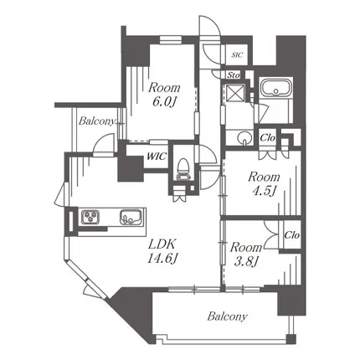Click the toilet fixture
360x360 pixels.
(183, 170)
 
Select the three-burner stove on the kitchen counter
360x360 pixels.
(90, 216)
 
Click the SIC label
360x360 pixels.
(237, 55)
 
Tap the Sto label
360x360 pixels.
(234, 75)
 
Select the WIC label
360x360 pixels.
(157, 156)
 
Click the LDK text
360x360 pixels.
(162, 245)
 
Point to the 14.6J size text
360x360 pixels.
(162, 259)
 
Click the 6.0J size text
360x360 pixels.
(164, 102)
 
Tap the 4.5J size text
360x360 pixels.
(264, 192)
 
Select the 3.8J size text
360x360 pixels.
(245, 262)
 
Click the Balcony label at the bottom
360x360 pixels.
(227, 316)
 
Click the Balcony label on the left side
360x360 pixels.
(97, 121)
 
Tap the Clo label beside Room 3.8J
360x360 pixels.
(292, 235)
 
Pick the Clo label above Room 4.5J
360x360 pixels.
(268, 137)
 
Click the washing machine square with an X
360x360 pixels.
(234, 92)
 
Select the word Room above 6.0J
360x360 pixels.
(164, 88)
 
